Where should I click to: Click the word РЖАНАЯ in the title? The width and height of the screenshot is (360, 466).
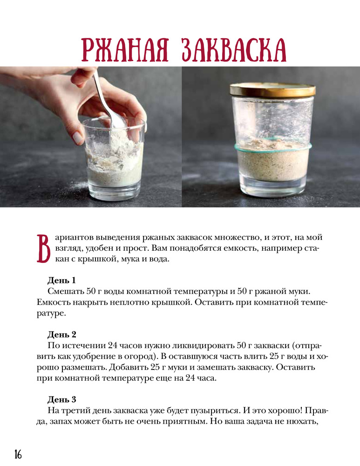point(125,50)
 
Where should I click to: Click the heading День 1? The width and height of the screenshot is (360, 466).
point(61,280)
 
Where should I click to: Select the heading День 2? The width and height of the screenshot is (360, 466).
point(62,335)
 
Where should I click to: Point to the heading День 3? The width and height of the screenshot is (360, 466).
point(62,399)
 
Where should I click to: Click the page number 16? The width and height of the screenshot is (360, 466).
point(18,454)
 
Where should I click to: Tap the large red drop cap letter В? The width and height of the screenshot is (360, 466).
point(43,248)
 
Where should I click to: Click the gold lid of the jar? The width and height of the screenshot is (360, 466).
point(272,90)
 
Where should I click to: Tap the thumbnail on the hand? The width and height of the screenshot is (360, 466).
point(78,138)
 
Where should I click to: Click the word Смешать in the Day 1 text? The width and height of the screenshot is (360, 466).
point(65,291)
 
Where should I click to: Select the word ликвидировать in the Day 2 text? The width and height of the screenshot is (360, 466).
point(203,345)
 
